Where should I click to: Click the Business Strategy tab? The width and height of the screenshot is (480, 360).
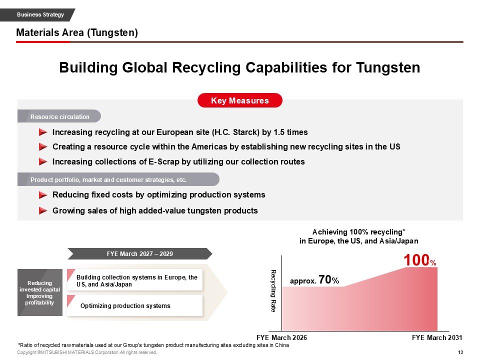pos(40,14)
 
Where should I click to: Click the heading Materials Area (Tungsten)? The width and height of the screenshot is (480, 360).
pos(77,33)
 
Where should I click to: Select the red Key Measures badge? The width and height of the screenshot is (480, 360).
pos(240,100)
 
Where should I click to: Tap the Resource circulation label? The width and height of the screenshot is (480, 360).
pos(60,117)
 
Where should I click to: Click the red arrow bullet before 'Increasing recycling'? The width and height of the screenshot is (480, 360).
pos(43,132)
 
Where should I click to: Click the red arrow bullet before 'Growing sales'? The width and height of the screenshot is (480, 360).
pos(43,210)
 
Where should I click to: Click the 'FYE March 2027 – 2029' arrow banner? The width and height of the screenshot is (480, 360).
pos(140,254)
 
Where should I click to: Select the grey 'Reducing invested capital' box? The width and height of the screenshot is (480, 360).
pos(39,293)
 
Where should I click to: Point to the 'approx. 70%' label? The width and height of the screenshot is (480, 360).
pos(314,281)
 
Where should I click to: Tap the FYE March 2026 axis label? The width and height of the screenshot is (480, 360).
pos(281,337)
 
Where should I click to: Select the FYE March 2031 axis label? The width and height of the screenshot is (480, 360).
pos(437,337)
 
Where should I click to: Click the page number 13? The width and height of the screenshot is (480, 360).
pos(460,352)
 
